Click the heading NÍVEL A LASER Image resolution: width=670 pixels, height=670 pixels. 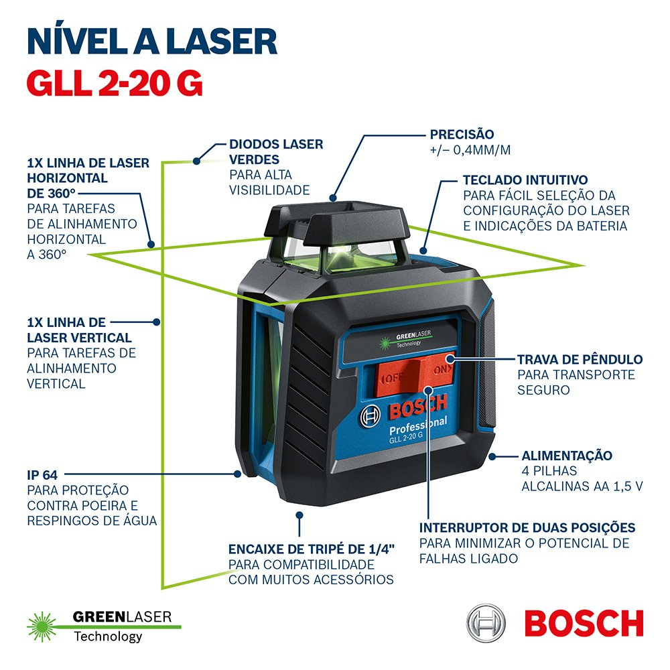pyautogui.click(x=152, y=41)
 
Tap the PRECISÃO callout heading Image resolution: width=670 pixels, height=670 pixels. pyautogui.click(x=462, y=134)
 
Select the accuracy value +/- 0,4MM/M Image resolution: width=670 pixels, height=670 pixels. pyautogui.click(x=470, y=150)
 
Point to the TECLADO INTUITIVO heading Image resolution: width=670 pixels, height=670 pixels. pyautogui.click(x=525, y=180)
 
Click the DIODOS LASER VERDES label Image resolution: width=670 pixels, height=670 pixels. pyautogui.click(x=276, y=151)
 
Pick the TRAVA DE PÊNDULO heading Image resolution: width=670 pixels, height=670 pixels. pyautogui.click(x=580, y=359)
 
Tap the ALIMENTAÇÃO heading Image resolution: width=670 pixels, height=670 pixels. pyautogui.click(x=567, y=456)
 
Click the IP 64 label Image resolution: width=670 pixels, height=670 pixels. pyautogui.click(x=42, y=475)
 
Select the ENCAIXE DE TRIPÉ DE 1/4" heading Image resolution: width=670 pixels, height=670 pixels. pyautogui.click(x=311, y=549)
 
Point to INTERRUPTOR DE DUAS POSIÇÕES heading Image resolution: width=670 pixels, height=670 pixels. pyautogui.click(x=527, y=528)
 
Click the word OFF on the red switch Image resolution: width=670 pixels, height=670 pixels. pyautogui.click(x=393, y=378)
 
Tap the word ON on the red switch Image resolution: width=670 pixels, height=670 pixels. pyautogui.click(x=442, y=369)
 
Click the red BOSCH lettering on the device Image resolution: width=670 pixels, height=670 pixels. pyautogui.click(x=417, y=407)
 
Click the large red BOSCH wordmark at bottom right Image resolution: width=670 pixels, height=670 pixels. pyautogui.click(x=584, y=623)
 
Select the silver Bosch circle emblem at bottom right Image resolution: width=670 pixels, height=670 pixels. pyautogui.click(x=486, y=623)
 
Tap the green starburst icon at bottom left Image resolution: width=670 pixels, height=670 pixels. pyautogui.click(x=42, y=626)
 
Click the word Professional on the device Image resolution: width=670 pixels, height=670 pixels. pyautogui.click(x=418, y=425)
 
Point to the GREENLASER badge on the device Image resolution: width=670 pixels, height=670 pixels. pyautogui.click(x=406, y=339)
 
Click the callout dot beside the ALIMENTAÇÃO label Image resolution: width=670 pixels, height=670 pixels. pyautogui.click(x=492, y=456)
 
